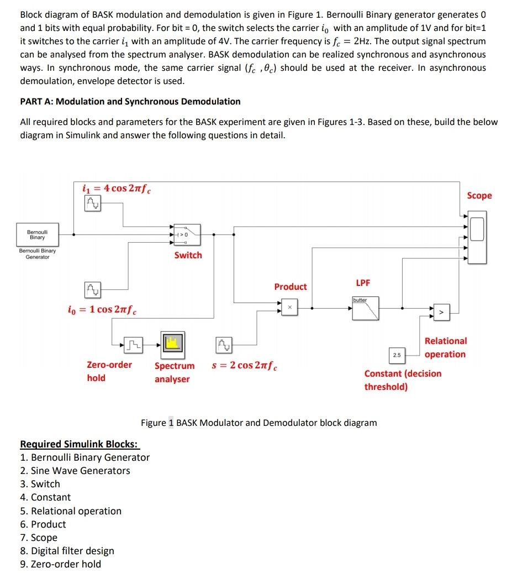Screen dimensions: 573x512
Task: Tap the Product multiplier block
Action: [x=289, y=306]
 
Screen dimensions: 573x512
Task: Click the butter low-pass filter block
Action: [x=366, y=309]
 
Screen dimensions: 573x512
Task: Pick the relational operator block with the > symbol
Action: [x=441, y=314]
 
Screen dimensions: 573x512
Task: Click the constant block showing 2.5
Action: [x=397, y=354]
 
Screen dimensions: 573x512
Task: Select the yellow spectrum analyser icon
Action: [x=172, y=344]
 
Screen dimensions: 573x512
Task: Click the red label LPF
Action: [x=363, y=283]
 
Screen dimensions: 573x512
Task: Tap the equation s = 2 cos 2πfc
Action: [x=245, y=366]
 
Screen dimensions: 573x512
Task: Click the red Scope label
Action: [x=479, y=196]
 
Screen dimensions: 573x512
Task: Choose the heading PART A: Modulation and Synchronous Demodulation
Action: [x=130, y=102]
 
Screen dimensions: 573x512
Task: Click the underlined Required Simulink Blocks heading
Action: [x=80, y=444]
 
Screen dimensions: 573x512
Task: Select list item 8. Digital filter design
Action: [x=67, y=551]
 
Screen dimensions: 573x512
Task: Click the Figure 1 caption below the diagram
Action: [x=258, y=423]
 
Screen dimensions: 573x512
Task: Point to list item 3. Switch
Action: [x=40, y=484]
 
